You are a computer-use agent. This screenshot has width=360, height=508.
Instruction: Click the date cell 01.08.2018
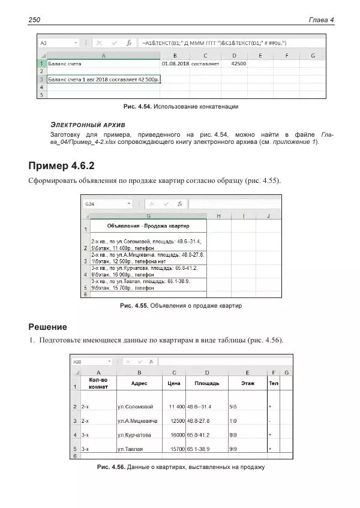[175, 63]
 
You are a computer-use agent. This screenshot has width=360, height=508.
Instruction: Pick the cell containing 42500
[238, 63]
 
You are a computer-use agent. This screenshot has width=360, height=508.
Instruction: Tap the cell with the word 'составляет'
[206, 63]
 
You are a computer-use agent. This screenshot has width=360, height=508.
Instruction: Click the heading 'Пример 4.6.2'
[62, 165]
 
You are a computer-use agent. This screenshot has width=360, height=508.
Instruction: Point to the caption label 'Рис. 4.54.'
[137, 107]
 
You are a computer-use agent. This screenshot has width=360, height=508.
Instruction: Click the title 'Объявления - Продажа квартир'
[148, 226]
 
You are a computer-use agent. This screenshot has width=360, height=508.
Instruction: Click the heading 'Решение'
[48, 327]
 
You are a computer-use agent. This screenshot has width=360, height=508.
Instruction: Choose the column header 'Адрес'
[139, 383]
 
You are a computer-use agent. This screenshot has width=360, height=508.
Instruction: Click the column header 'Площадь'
[206, 383]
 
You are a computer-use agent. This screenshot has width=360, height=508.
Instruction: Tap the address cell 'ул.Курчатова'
[134, 434]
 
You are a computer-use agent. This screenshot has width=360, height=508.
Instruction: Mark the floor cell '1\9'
[233, 420]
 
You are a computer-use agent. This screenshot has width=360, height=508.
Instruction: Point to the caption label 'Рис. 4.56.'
[110, 467]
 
